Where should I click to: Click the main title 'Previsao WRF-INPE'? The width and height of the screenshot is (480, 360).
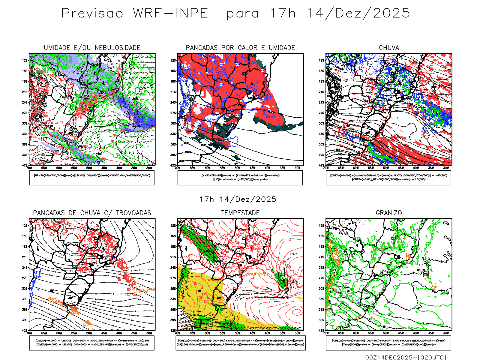135,13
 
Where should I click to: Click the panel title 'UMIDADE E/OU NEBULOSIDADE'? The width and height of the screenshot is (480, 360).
92,48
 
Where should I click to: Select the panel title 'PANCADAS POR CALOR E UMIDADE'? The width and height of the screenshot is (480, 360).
240,48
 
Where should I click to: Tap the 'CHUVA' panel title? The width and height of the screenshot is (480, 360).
389,48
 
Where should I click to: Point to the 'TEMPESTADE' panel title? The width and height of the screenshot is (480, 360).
240,213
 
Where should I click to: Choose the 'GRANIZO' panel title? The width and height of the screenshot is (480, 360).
389,213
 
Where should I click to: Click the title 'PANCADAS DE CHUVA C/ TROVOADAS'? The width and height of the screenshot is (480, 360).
92,213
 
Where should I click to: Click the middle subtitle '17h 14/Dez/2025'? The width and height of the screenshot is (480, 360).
238,199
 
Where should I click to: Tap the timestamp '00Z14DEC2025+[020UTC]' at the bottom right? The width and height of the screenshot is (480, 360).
406,357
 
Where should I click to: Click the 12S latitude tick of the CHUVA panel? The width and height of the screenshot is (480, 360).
322,61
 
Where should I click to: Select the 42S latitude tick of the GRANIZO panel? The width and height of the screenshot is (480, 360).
322,331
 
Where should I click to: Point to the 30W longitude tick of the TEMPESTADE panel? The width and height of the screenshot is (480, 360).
298,333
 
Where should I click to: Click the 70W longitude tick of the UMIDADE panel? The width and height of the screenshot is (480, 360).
29,168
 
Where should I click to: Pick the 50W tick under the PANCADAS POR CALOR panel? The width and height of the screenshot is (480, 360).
238,168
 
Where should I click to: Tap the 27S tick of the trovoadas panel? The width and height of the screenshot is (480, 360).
25,278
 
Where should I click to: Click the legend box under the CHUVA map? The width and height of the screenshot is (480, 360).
388,178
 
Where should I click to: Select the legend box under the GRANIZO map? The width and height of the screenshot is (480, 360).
388,343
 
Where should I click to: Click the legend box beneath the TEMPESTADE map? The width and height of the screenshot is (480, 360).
240,343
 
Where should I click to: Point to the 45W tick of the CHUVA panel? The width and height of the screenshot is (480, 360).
401,168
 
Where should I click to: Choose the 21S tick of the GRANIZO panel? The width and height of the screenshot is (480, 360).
322,257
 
